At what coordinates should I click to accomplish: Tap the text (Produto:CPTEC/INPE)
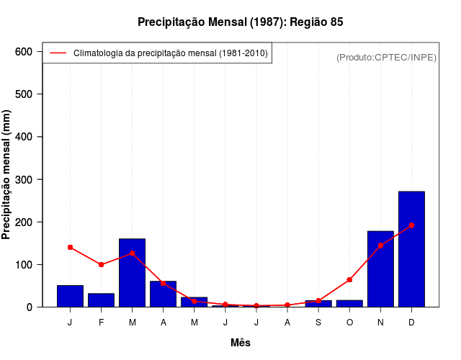click(386, 57)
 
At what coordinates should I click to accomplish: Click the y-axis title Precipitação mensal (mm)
click(7, 179)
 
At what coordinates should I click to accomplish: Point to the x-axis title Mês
click(241, 343)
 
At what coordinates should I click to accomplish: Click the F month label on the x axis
click(102, 322)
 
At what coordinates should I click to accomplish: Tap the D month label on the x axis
click(411, 322)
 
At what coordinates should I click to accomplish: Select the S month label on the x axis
click(318, 322)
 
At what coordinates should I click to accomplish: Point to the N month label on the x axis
click(380, 322)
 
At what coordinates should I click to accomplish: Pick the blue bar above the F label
click(102, 300)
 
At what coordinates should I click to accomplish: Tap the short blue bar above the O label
click(349, 303)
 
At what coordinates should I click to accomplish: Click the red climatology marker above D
click(411, 225)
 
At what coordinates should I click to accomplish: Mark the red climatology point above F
click(102, 265)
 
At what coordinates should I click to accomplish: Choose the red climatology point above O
click(349, 279)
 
